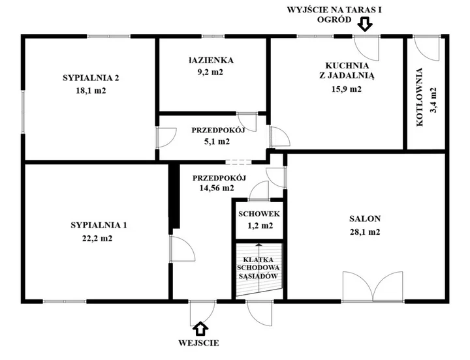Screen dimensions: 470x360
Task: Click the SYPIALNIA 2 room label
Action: point(91,78)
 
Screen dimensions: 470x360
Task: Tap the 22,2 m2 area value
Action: point(97,239)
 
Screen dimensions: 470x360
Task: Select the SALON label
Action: point(365,218)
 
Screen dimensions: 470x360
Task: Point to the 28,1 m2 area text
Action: point(365,232)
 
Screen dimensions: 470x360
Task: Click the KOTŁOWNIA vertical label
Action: point(420,97)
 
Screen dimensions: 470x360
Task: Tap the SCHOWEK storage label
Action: point(259,214)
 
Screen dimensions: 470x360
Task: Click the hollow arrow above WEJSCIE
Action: point(200,329)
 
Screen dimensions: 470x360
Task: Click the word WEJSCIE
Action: point(198,342)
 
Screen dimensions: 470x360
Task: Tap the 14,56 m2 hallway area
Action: point(217,188)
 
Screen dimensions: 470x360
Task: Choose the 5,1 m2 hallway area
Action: point(217,142)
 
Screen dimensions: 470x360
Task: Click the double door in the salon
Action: point(373,286)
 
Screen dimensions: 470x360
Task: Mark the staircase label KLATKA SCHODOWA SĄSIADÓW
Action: point(258,268)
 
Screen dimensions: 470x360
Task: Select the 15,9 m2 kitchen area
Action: point(347,89)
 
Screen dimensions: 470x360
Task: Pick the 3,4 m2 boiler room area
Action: point(433,100)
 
